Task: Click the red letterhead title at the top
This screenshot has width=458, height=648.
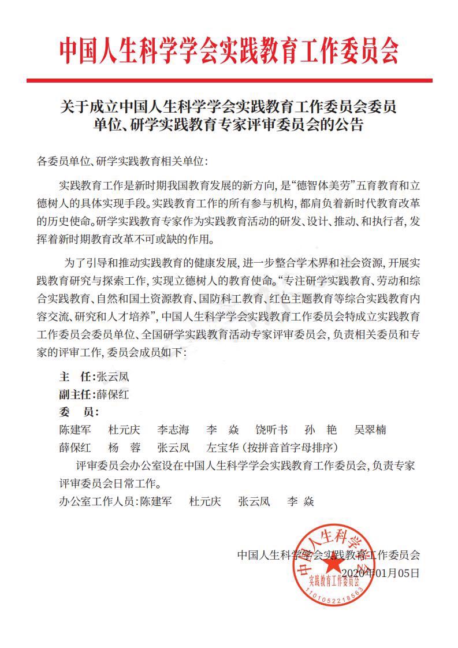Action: point(229,51)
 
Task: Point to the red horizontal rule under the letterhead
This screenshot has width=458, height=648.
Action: point(229,80)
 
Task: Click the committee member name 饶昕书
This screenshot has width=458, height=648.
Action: point(271,430)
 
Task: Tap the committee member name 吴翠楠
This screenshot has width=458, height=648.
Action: point(370,430)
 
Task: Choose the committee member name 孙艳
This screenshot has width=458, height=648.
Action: point(321,430)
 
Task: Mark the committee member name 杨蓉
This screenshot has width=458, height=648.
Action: point(124,447)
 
